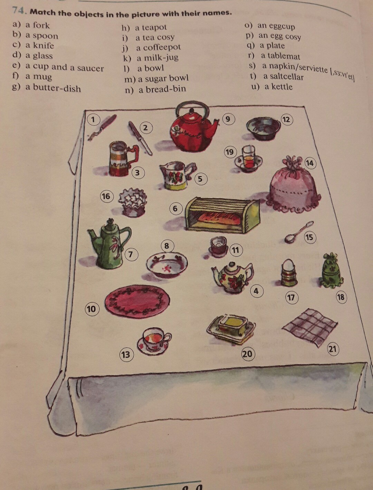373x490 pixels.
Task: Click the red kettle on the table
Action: pyautogui.click(x=192, y=133)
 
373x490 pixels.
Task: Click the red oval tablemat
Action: pyautogui.click(x=137, y=299)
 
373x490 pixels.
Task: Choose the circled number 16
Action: pyautogui.click(x=106, y=196)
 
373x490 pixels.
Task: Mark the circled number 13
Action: pyautogui.click(x=125, y=355)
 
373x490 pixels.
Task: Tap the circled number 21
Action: pyautogui.click(x=332, y=349)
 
